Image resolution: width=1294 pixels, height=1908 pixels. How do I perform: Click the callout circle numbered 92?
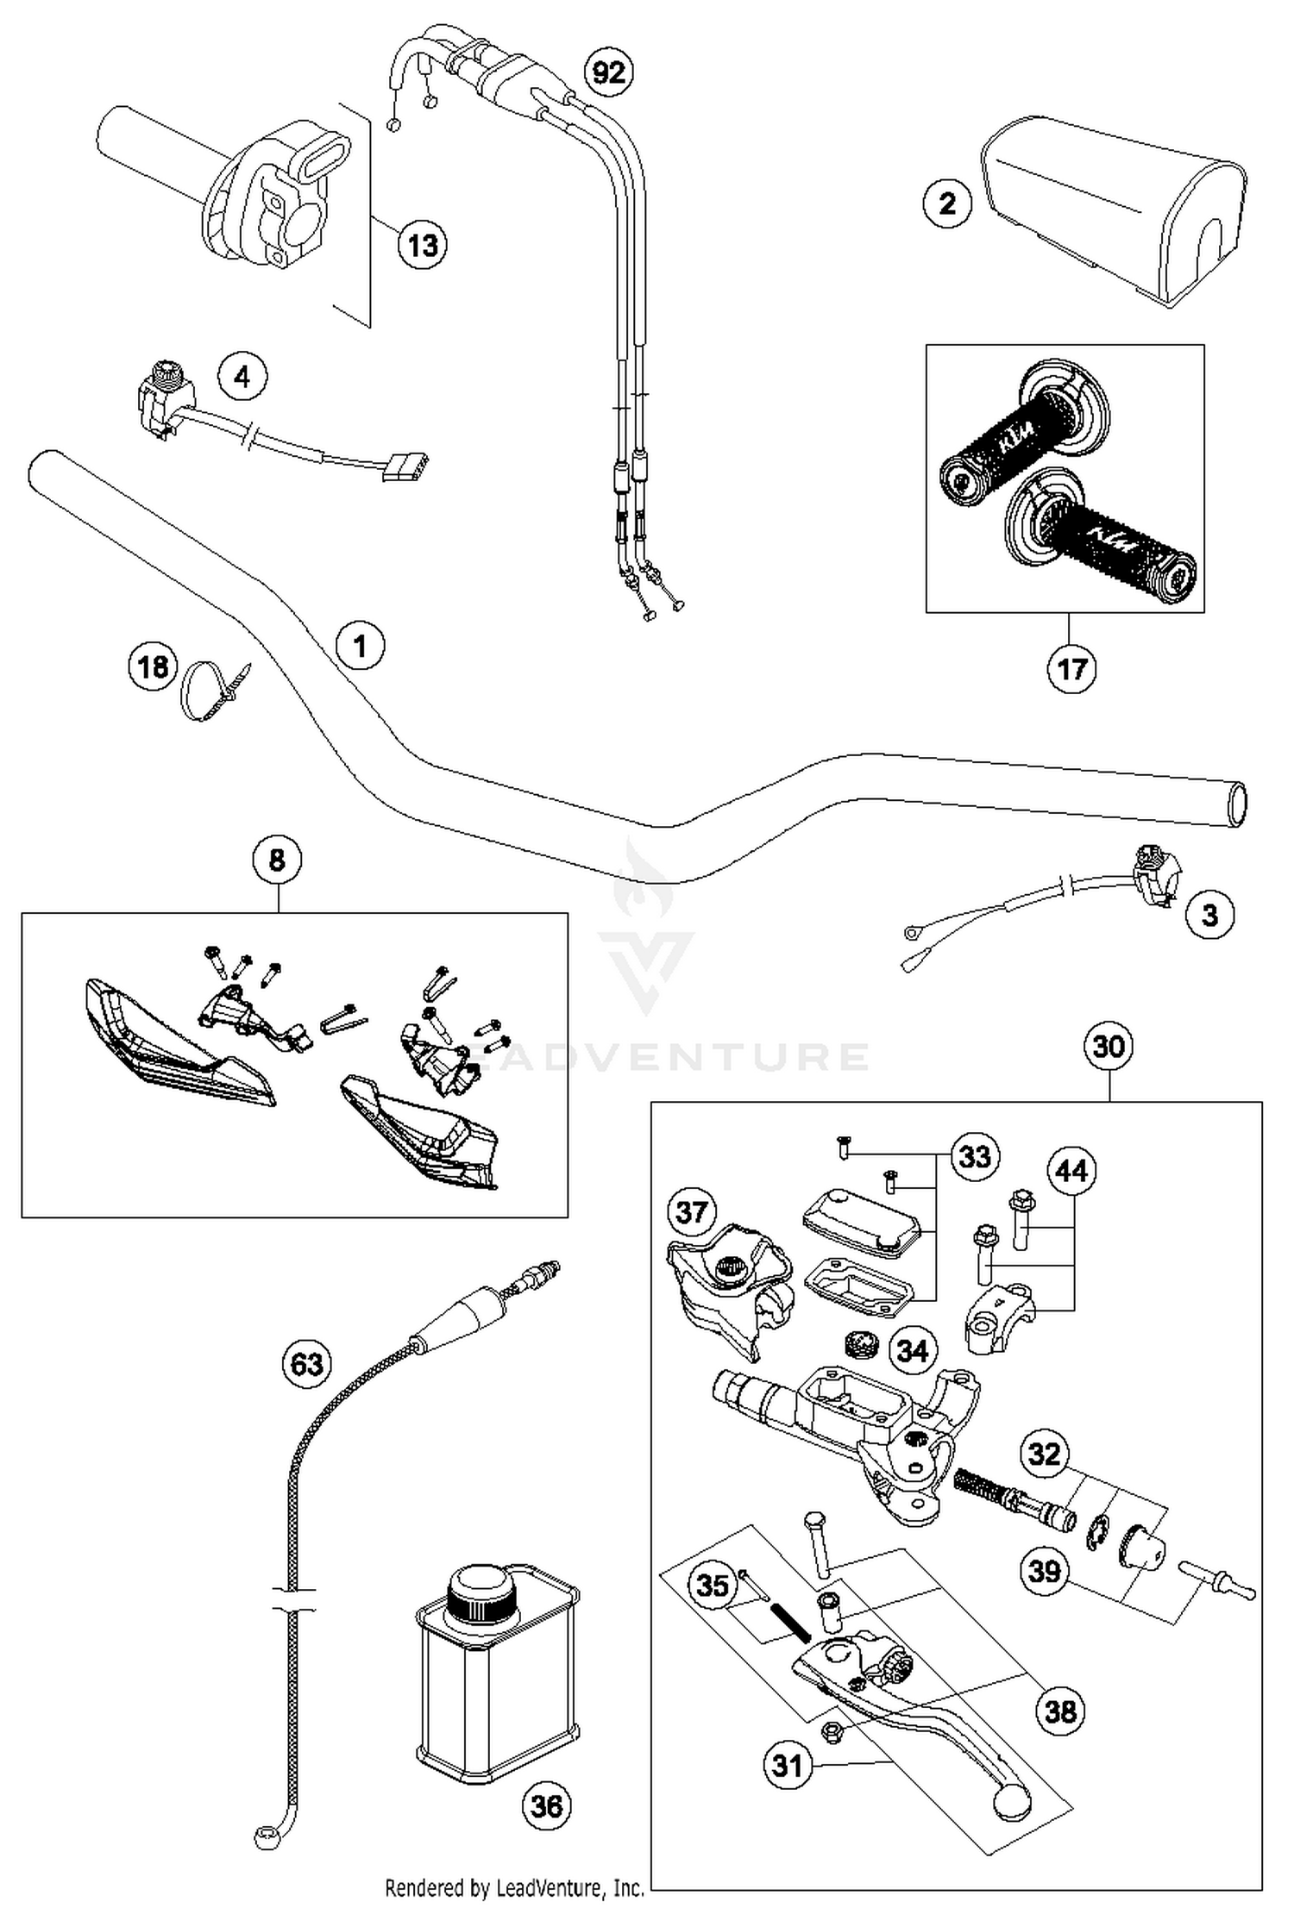[608, 73]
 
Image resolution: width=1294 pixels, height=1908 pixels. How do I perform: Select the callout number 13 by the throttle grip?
[423, 246]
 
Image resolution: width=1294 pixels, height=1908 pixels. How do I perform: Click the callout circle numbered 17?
[1071, 668]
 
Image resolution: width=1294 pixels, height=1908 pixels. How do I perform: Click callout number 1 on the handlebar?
[360, 645]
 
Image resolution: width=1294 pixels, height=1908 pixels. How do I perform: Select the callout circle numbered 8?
[277, 860]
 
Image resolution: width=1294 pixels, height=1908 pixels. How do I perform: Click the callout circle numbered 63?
[307, 1365]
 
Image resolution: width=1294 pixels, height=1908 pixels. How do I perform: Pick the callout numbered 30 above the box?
[1109, 1046]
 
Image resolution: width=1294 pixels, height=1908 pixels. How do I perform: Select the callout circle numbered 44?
[1071, 1171]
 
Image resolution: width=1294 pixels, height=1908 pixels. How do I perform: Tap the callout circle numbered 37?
[692, 1212]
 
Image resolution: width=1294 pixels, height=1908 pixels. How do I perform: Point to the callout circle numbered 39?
[1045, 1571]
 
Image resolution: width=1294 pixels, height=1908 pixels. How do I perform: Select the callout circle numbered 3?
[1209, 915]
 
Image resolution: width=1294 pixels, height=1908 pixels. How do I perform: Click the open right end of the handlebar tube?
[1237, 804]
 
